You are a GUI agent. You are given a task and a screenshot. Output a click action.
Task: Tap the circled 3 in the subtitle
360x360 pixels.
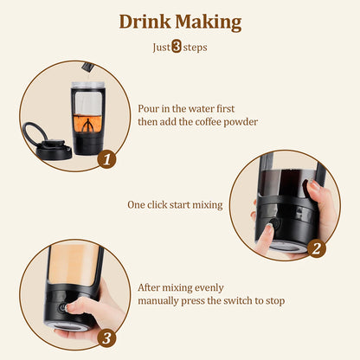[177, 48]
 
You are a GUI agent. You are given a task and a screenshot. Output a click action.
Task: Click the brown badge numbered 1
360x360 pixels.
[106, 158]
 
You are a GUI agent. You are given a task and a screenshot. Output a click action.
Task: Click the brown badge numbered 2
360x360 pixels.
[317, 249]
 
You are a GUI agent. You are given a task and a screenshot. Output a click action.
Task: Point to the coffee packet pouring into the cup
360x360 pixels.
[87, 65]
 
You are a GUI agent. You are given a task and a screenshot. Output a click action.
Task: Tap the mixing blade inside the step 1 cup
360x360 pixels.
[87, 128]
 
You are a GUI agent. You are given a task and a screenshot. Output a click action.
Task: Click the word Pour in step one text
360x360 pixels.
[149, 109]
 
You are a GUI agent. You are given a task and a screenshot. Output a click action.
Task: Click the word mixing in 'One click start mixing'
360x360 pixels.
[206, 205]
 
